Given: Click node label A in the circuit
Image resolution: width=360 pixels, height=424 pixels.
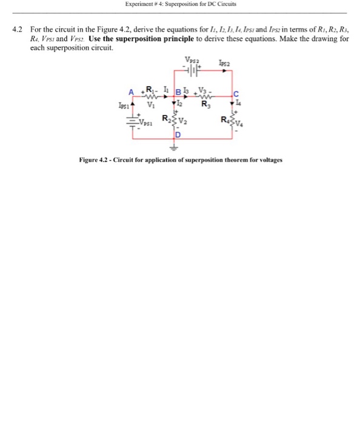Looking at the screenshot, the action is (130, 92).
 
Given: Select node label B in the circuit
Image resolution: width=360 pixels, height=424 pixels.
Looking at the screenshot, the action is (178, 93).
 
